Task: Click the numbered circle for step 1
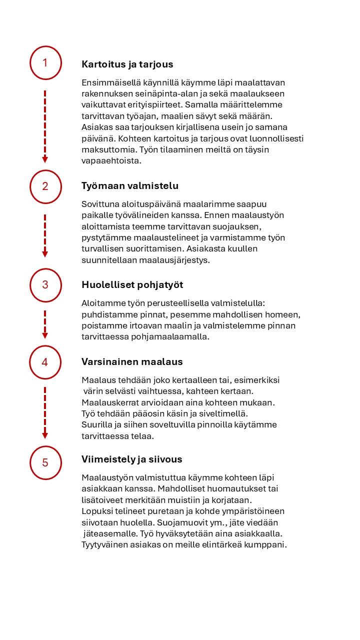pyautogui.click(x=45, y=63)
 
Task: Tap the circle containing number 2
pyautogui.click(x=45, y=186)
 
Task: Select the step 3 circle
pyautogui.click(x=45, y=285)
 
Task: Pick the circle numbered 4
pyautogui.click(x=45, y=362)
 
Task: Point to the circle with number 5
pyautogui.click(x=45, y=462)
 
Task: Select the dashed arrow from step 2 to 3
pyautogui.click(x=45, y=235)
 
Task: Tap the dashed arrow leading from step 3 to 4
pyautogui.click(x=45, y=324)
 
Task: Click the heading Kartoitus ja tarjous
pyautogui.click(x=127, y=64)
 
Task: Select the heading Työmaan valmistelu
pyautogui.click(x=130, y=186)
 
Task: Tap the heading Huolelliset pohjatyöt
pyautogui.click(x=132, y=285)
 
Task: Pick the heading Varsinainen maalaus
pyautogui.click(x=132, y=361)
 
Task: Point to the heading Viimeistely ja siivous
pyautogui.click(x=132, y=459)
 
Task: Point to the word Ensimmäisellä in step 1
pyautogui.click(x=108, y=82)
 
